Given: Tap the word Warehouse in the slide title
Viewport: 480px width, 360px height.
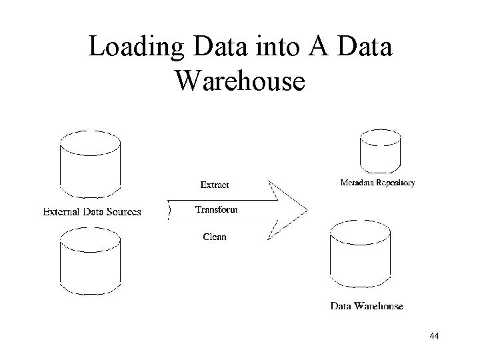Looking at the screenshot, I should pos(240,81).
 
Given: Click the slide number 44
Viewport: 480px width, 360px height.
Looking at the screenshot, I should pos(434,337).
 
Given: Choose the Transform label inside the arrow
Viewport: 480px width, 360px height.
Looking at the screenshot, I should pos(216,210).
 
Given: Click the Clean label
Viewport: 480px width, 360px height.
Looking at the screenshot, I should pos(215,237).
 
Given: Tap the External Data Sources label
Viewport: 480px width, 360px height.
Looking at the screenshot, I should pos(92,213).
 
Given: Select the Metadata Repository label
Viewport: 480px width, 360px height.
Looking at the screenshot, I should pos(377,182).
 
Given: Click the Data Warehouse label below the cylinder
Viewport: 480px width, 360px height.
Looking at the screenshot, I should pos(367,306).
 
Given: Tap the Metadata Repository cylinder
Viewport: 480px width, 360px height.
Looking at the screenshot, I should pos(381,151).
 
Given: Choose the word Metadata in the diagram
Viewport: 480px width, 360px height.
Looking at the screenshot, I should pos(357,182).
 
